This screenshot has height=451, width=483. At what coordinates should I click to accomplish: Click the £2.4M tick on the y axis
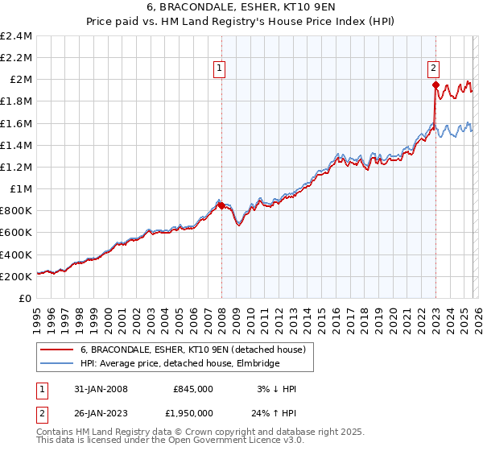[17, 36]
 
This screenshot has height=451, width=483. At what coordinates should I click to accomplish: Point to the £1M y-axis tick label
[21, 188]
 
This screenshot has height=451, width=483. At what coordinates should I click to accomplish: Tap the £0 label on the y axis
[26, 298]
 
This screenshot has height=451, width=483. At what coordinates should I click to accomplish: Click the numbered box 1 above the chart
[219, 69]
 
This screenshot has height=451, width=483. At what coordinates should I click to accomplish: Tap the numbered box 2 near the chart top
[433, 69]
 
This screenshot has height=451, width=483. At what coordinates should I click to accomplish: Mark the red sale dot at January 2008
[221, 205]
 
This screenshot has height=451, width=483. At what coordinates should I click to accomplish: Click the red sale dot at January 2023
[436, 85]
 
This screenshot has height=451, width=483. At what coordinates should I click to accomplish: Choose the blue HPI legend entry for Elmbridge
[179, 364]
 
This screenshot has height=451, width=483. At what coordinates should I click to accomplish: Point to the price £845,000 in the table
[193, 389]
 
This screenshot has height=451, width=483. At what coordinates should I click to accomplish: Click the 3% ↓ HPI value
[276, 389]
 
